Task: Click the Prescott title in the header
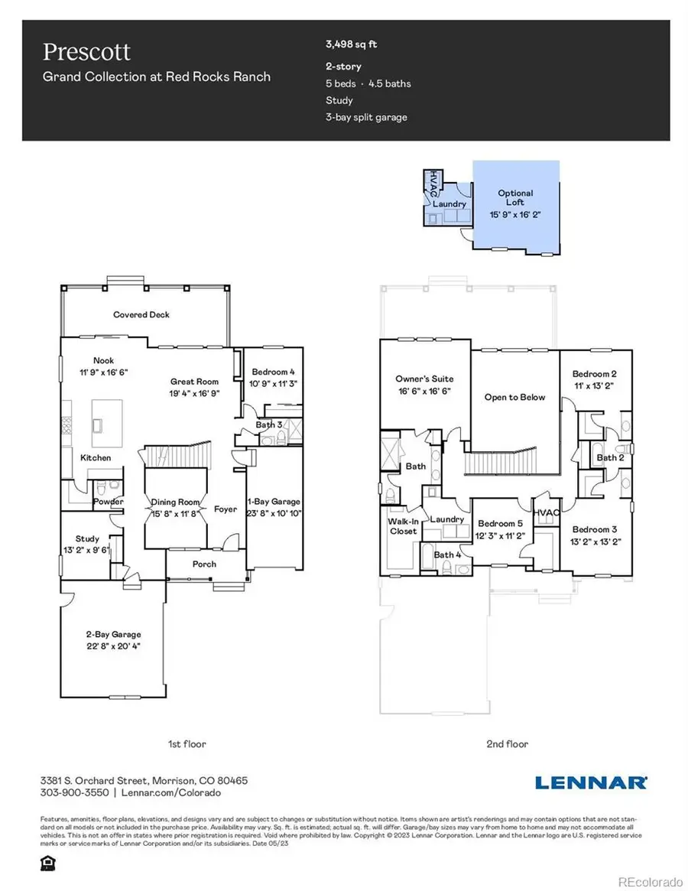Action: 86,52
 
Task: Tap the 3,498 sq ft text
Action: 351,45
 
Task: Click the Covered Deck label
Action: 141,314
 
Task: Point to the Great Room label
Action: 194,382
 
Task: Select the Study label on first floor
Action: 89,538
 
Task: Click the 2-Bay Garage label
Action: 112,634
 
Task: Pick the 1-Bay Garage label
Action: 274,502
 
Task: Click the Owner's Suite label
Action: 424,379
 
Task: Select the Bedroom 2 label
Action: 595,374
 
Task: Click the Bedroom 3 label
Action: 595,529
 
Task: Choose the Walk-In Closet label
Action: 403,525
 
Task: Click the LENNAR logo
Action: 591,782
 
